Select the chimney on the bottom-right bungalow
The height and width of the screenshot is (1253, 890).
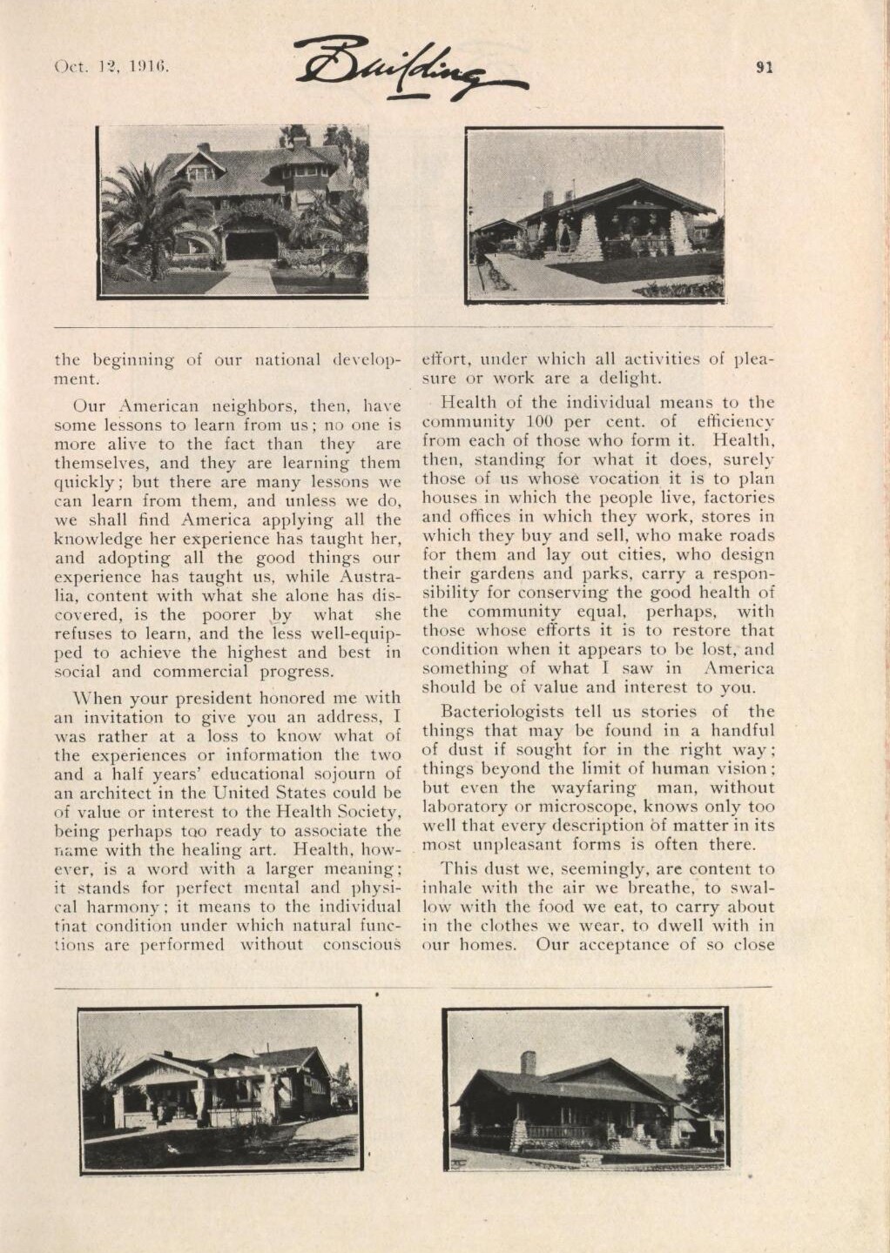528,1062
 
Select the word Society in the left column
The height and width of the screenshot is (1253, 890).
364,813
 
